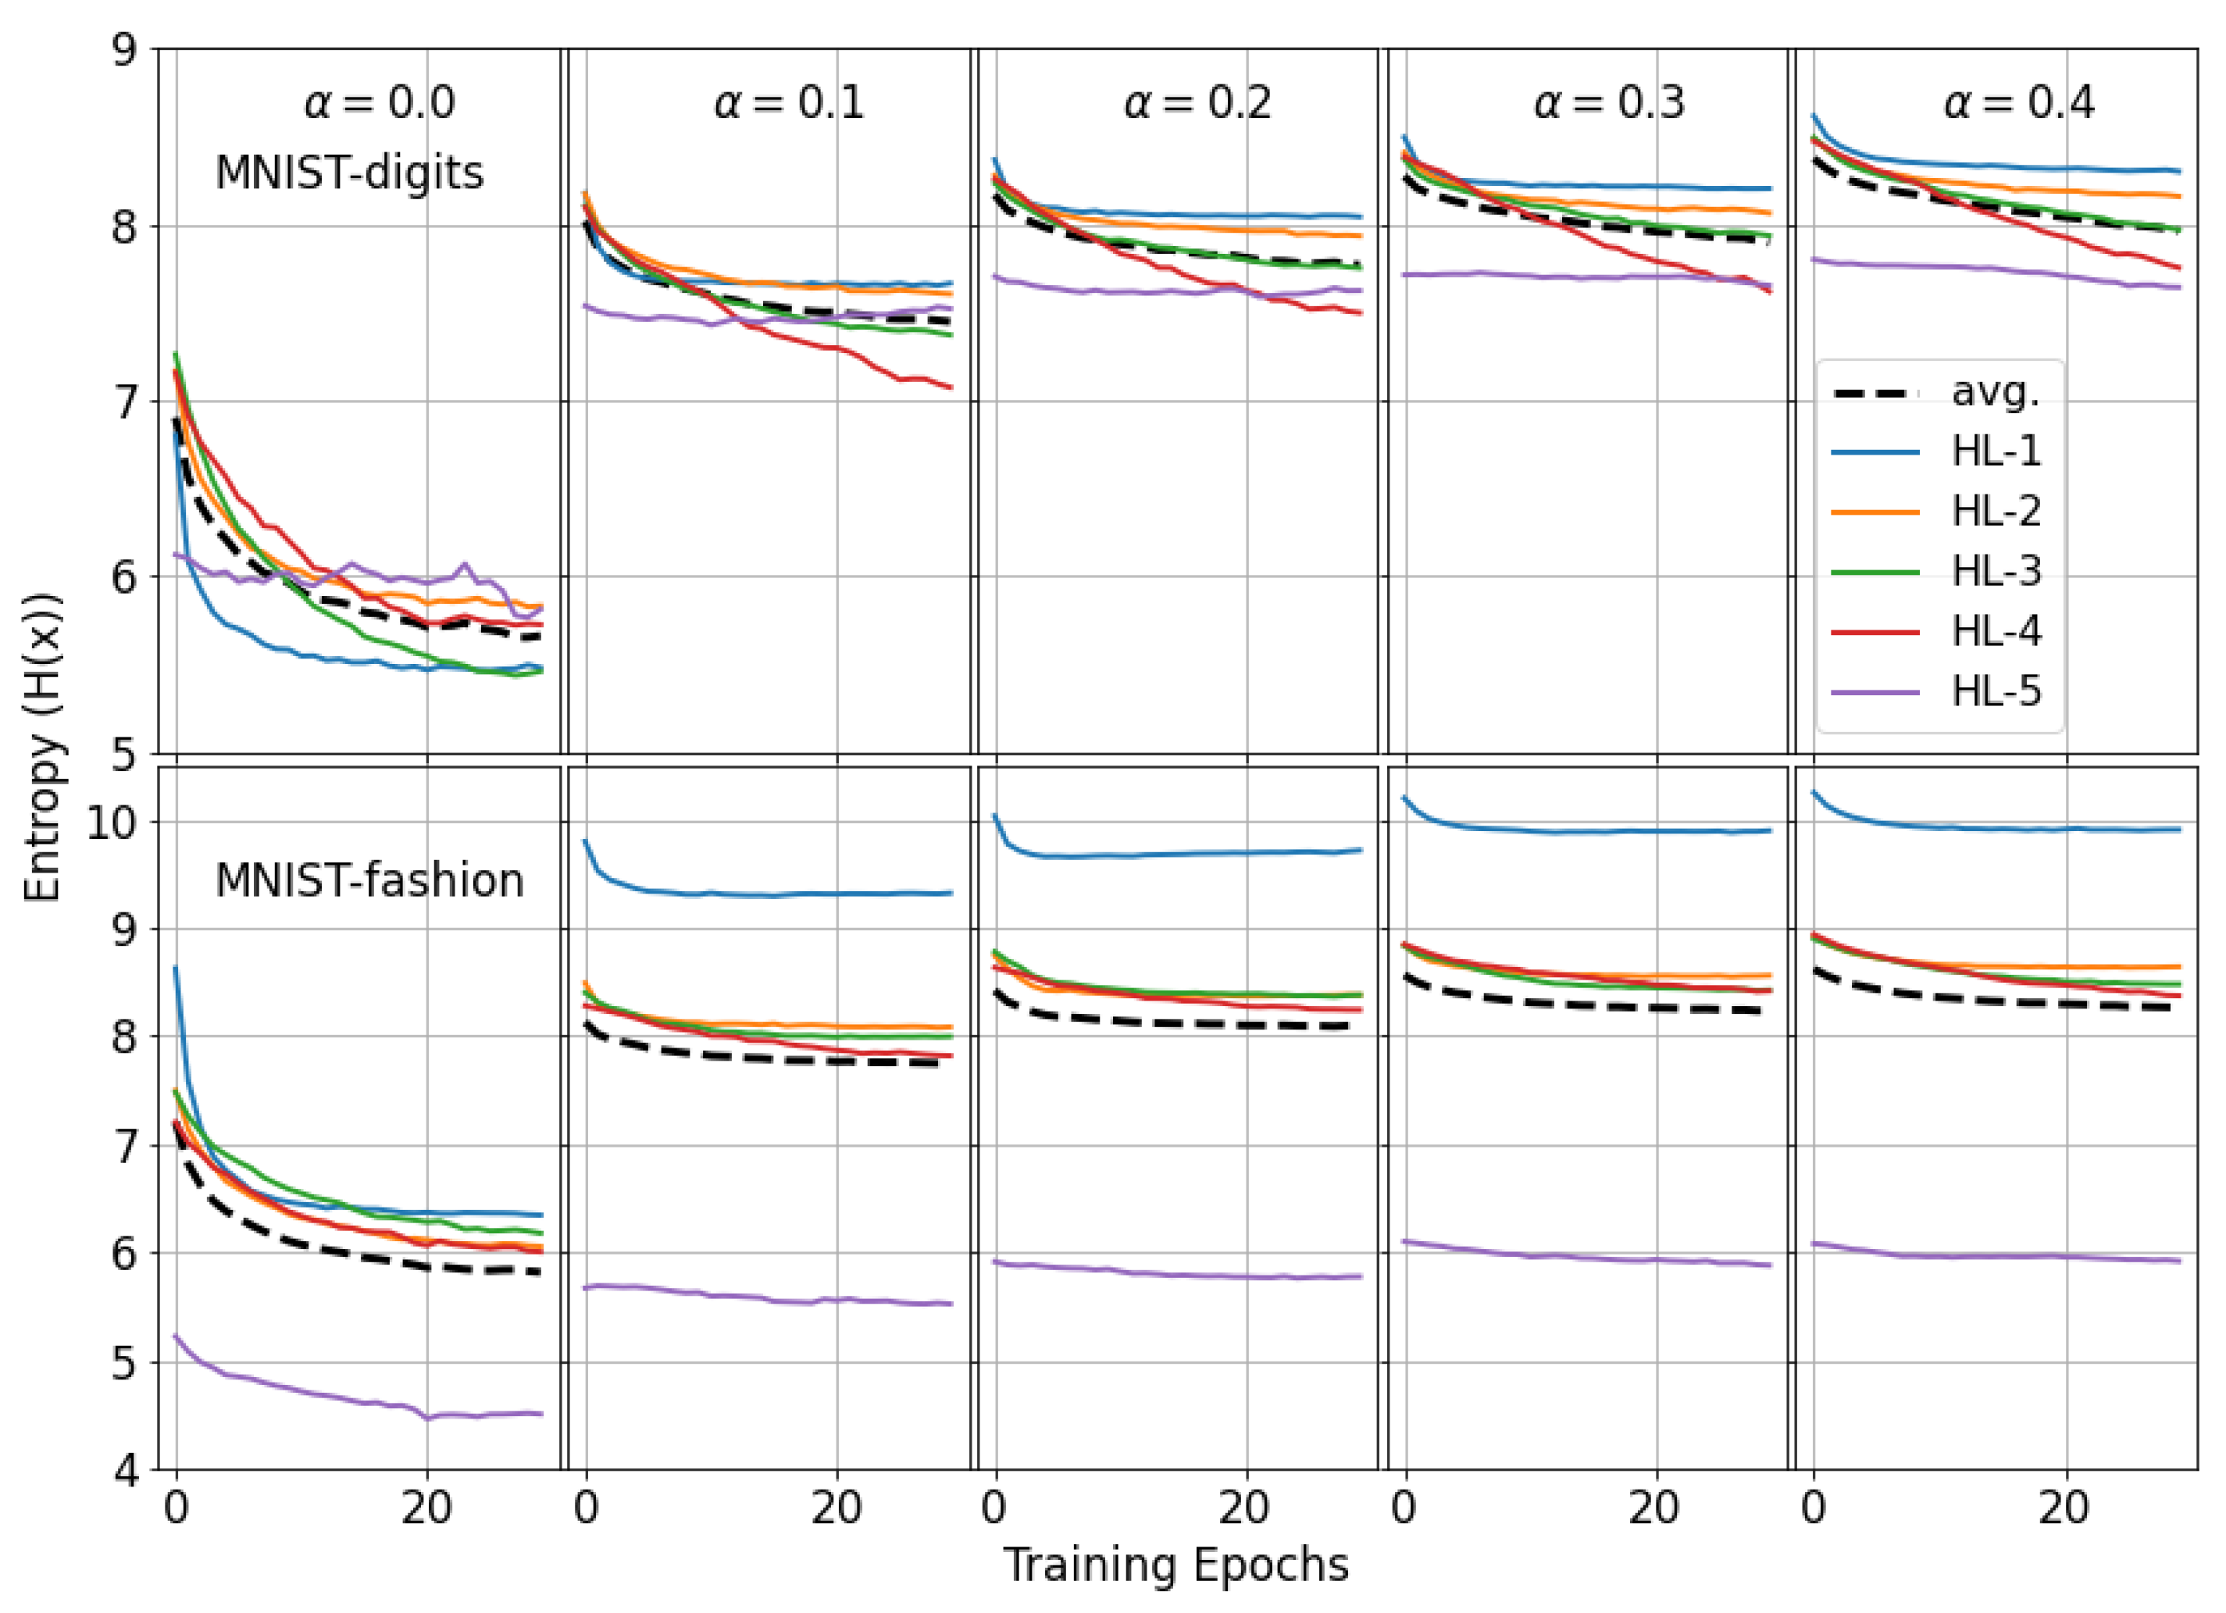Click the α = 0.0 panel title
tap(380, 102)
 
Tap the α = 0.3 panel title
tap(1609, 102)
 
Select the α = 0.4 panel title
tap(2019, 102)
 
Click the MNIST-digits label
tap(349, 173)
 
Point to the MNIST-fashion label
tap(369, 880)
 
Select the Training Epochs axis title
tap(1175, 1565)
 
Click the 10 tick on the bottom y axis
tap(111, 822)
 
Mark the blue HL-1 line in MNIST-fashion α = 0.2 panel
tap(1178, 854)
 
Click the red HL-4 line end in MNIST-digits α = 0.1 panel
tap(948, 386)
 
